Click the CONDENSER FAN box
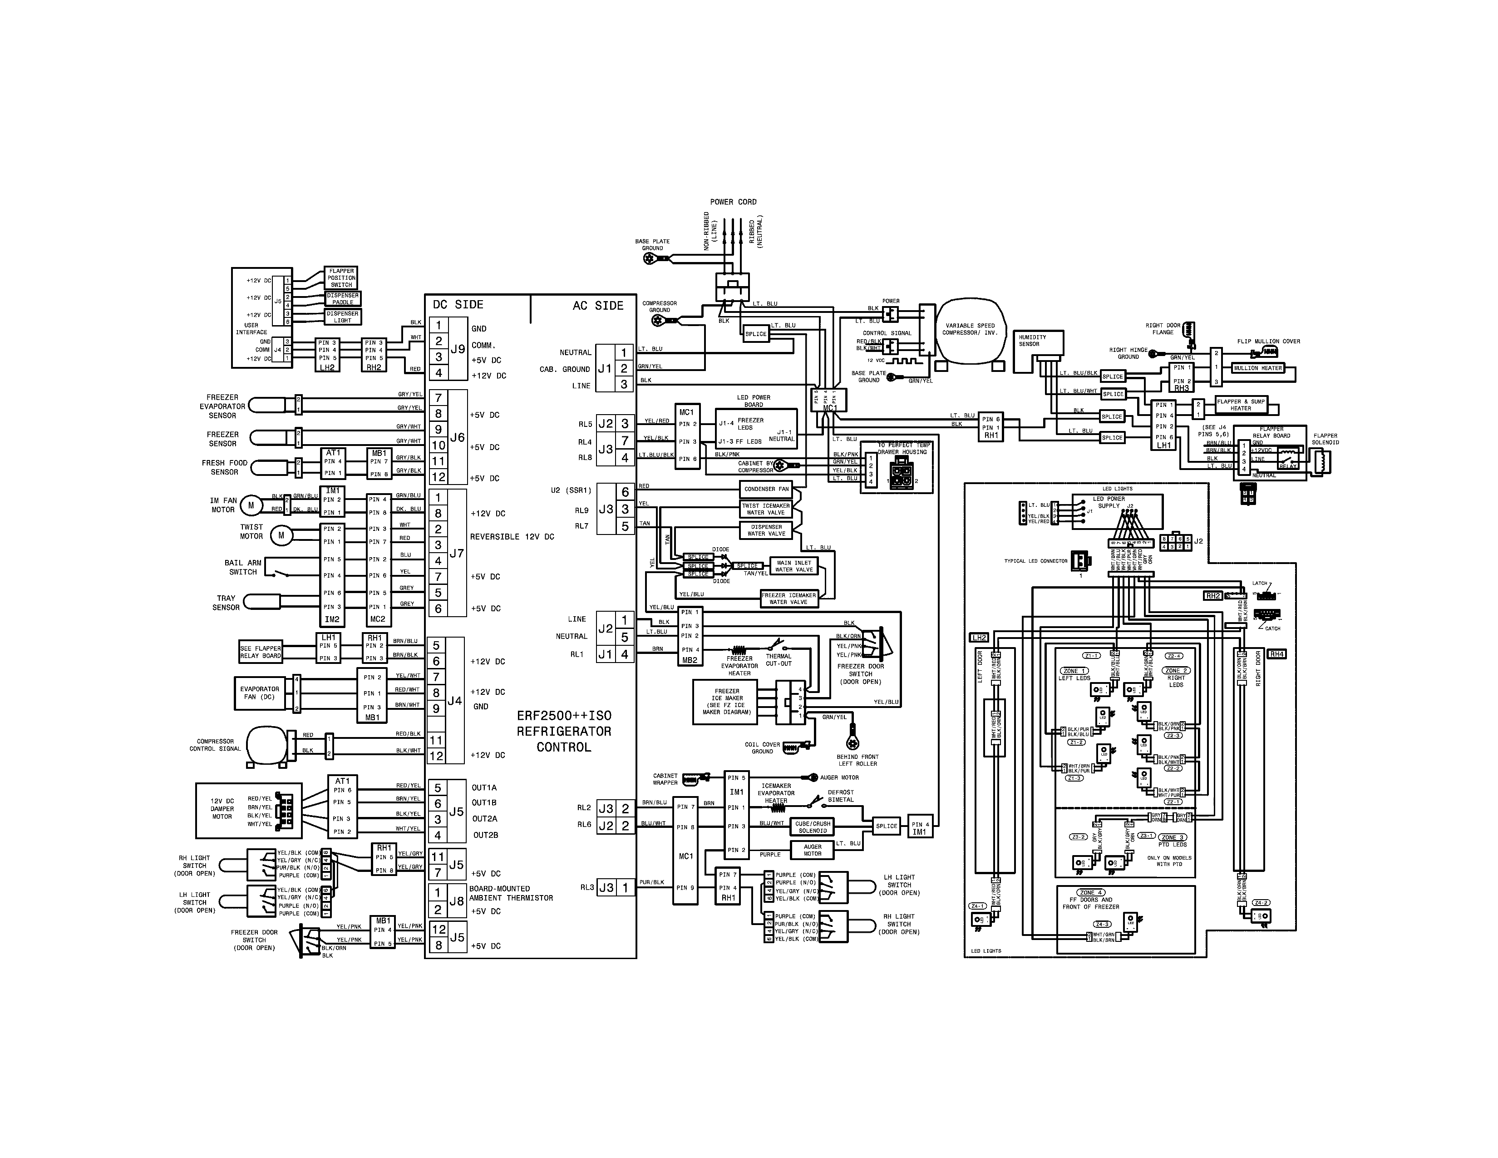[766, 489]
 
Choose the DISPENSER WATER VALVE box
[766, 530]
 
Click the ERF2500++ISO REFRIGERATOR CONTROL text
[564, 731]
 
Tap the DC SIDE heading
[458, 305]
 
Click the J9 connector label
[458, 349]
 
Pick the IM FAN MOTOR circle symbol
[251, 505]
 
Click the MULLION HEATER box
[1257, 368]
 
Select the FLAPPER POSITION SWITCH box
[341, 278]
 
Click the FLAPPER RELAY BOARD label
[1271, 432]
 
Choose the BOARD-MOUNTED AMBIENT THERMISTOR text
[510, 893]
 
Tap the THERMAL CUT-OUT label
[779, 660]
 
